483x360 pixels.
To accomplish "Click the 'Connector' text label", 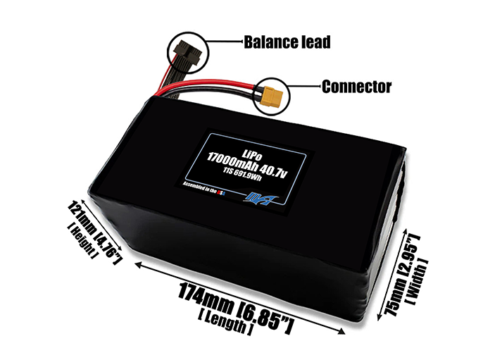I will coord(356,87).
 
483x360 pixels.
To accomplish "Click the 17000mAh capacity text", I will coord(235,154).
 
